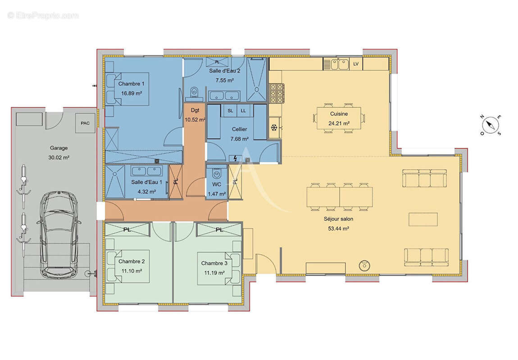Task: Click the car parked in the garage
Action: tap(59, 235)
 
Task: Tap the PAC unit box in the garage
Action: tap(85, 123)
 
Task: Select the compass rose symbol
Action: tap(491, 125)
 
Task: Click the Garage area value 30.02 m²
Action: tap(59, 158)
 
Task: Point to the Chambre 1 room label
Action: tap(131, 84)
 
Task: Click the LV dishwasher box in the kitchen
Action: tap(356, 64)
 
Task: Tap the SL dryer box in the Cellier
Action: tap(230, 111)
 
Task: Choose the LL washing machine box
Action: tap(244, 111)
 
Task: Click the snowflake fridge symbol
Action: tap(274, 127)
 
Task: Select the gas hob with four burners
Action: tap(277, 94)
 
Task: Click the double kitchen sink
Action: tap(339, 64)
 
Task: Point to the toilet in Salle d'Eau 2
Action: tap(194, 93)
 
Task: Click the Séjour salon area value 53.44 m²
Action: tap(338, 228)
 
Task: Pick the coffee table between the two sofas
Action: tap(423, 220)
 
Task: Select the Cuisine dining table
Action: tap(339, 118)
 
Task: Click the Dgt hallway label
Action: tap(195, 110)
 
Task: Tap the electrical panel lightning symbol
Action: tap(235, 159)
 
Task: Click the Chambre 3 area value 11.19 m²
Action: tap(214, 273)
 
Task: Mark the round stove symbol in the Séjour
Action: tap(364, 265)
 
